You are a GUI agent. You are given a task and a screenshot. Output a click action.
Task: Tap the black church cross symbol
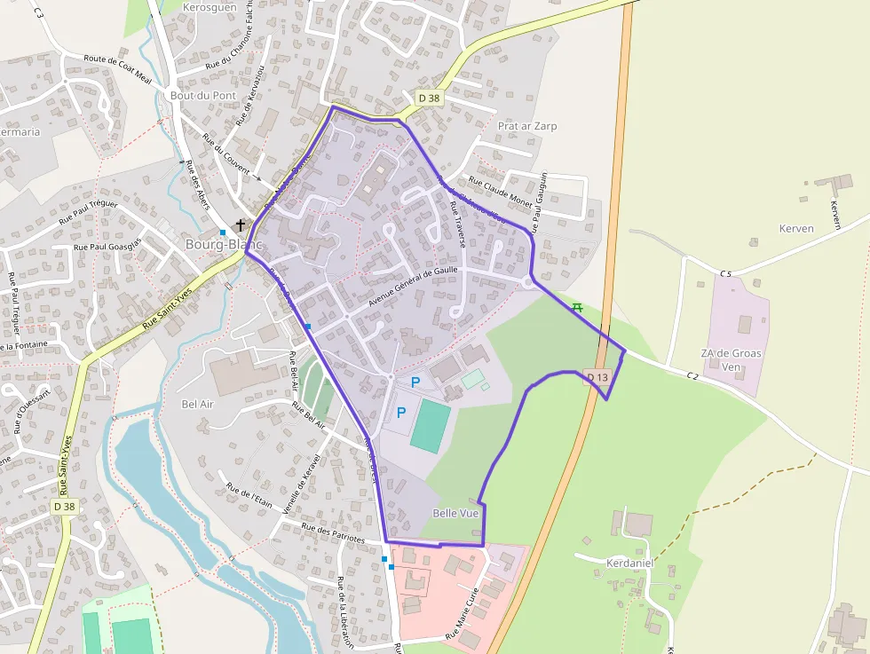pos(240,225)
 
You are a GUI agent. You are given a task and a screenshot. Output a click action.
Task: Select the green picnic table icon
pos(577,307)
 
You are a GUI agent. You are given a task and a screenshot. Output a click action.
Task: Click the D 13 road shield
pos(597,378)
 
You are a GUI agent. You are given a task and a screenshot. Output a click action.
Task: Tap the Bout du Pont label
pos(203,95)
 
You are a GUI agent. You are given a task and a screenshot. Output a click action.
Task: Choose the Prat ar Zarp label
pos(527,126)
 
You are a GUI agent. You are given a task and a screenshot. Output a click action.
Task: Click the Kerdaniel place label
pos(629,563)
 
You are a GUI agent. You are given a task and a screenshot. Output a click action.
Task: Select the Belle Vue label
pos(455,513)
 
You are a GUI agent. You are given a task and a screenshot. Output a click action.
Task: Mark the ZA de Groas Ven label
pos(732,359)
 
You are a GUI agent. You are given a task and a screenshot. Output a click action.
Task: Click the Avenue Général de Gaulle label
pos(412,288)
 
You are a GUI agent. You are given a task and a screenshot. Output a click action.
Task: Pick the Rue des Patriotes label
pos(333,532)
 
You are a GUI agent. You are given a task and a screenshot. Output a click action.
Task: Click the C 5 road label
pos(725,273)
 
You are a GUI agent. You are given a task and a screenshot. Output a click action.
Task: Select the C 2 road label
pos(692,375)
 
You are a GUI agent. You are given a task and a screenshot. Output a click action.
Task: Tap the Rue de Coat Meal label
pos(118,69)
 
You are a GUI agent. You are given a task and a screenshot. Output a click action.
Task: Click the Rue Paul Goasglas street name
pos(108,247)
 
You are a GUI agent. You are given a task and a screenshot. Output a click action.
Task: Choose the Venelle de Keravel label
pos(300,490)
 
